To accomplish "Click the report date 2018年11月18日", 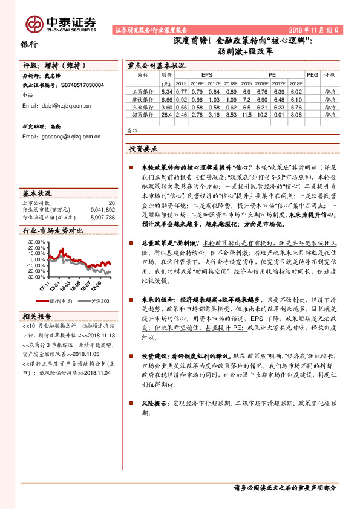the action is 315,29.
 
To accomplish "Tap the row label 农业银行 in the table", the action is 142,106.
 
